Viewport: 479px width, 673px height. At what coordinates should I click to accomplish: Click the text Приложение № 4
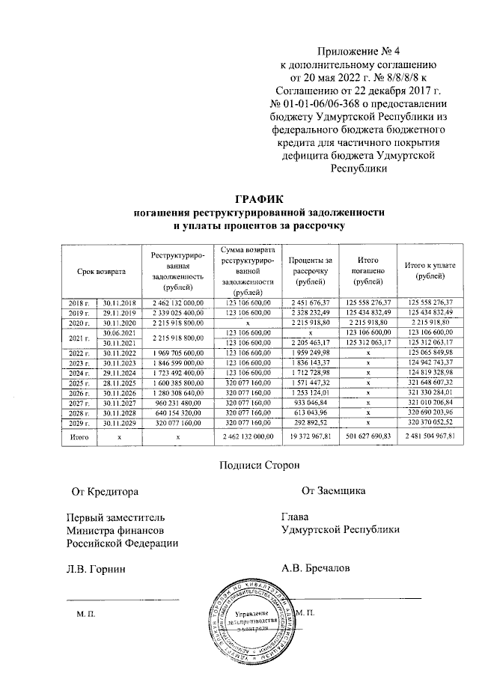(350, 52)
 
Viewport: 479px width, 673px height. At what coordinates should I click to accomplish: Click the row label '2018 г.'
(79, 302)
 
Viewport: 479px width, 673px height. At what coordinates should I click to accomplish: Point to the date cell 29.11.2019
(117, 311)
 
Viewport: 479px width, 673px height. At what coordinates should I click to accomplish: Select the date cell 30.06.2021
(117, 331)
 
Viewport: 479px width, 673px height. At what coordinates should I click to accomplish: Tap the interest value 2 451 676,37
(310, 302)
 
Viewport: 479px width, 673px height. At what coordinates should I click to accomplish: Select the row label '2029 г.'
(79, 422)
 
